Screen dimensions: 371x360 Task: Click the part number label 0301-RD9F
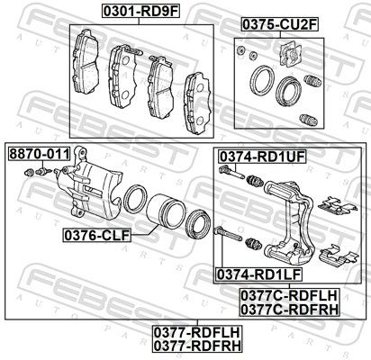point(140,11)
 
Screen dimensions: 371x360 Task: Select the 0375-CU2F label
point(279,24)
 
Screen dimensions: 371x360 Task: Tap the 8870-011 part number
point(40,154)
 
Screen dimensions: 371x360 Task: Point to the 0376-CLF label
point(97,235)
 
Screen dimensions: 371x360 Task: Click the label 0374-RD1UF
point(262,157)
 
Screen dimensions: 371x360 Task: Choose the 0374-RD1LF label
point(259,274)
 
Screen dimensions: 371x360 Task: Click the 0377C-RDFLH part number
point(289,295)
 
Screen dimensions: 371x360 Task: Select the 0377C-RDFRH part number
point(289,309)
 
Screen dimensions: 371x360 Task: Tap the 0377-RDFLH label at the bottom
point(197,332)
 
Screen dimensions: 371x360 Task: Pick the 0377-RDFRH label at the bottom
point(197,346)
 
